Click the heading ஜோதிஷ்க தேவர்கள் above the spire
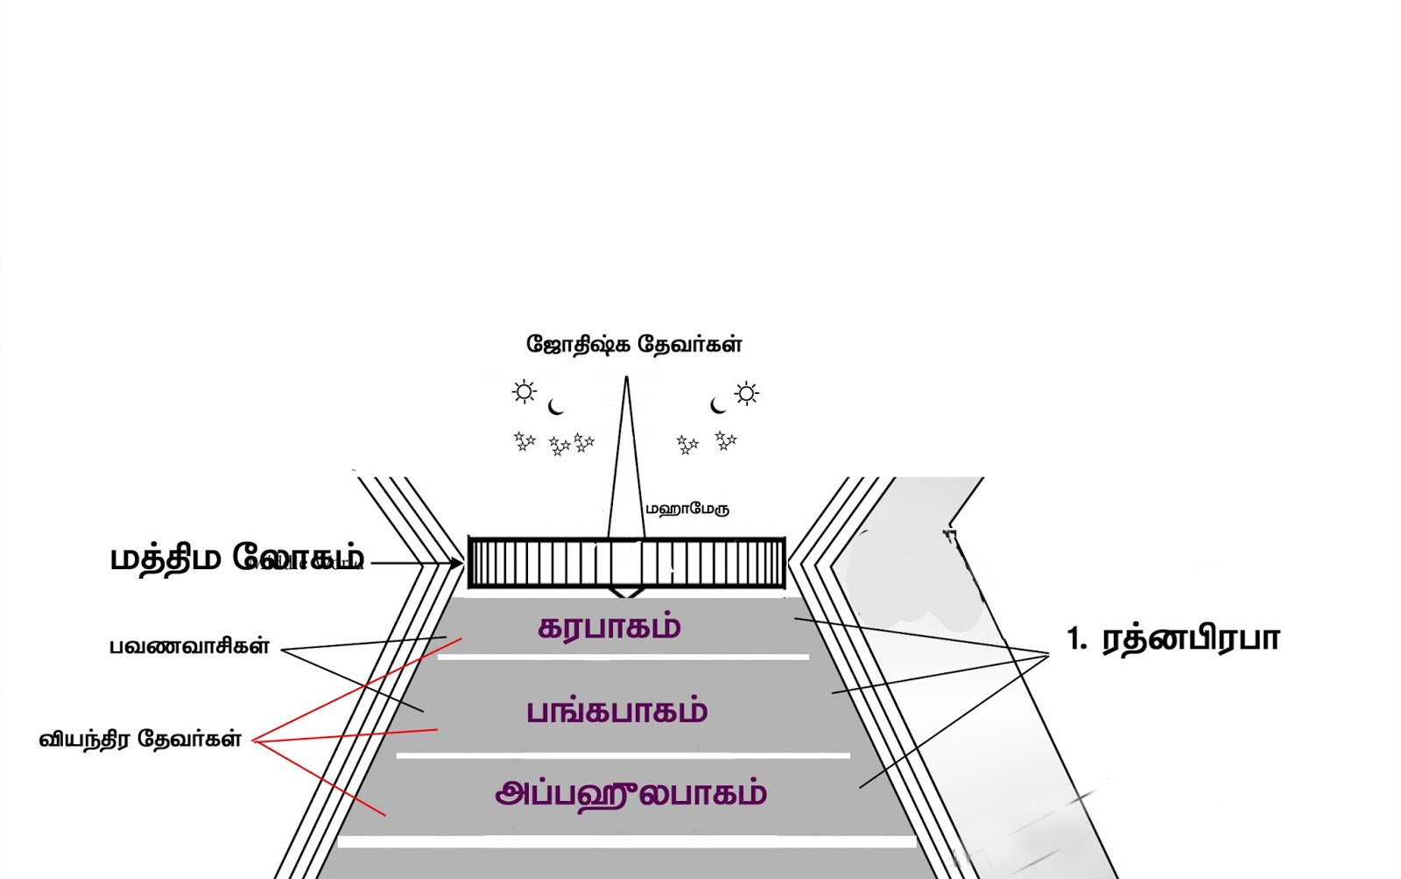[x=634, y=344]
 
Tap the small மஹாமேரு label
[x=687, y=509]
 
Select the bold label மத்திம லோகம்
[x=236, y=558]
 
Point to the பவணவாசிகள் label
[x=189, y=647]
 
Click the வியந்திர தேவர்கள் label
[x=140, y=739]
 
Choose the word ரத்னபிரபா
[x=1191, y=639]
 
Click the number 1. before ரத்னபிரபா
[x=1076, y=639]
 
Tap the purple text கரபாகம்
[x=609, y=628]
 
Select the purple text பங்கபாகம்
[x=616, y=711]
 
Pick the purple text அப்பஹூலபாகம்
[x=630, y=794]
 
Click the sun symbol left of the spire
[x=524, y=391]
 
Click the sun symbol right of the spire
[x=747, y=393]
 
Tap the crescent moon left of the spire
[x=555, y=407]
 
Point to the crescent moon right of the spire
[x=718, y=405]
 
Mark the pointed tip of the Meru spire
[x=626, y=379]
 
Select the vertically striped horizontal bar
[x=627, y=562]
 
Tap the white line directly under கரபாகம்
[x=623, y=657]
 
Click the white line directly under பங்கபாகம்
[x=623, y=755]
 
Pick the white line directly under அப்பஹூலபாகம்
[x=627, y=841]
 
